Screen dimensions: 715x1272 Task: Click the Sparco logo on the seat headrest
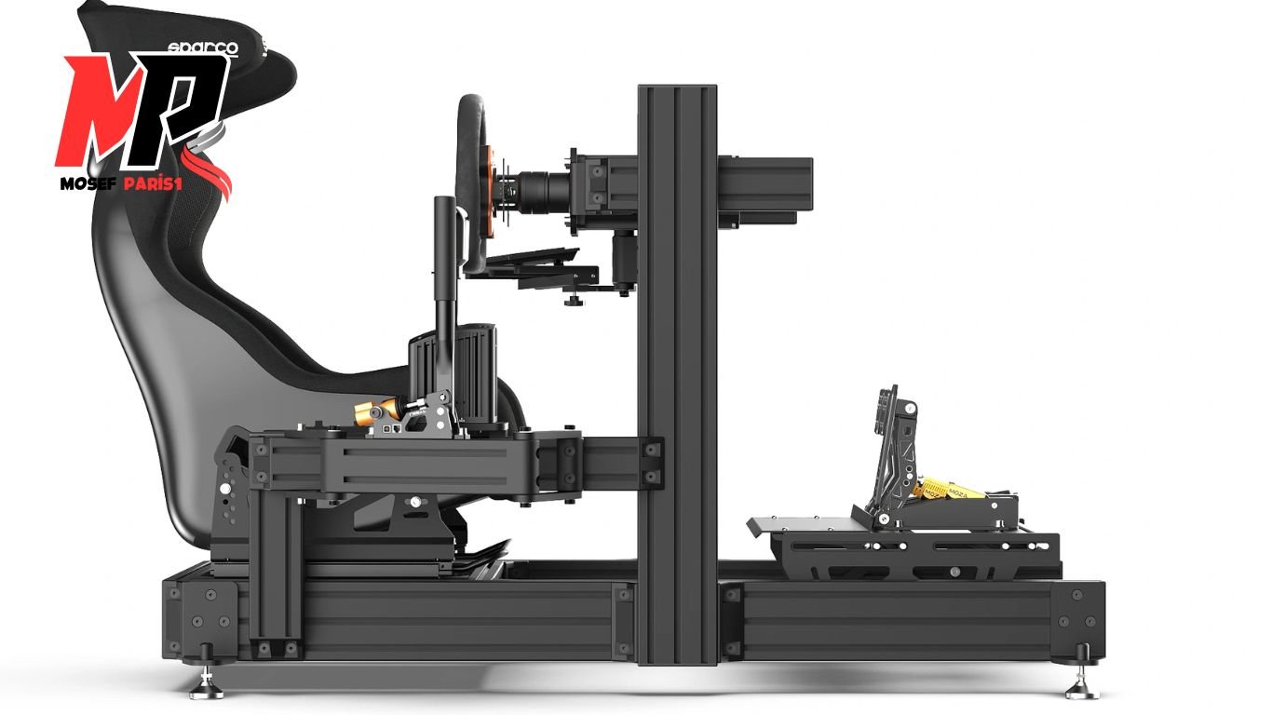click(x=202, y=47)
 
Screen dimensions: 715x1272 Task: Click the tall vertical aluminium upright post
click(x=677, y=372)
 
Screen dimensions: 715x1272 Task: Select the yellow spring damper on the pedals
click(x=950, y=490)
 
